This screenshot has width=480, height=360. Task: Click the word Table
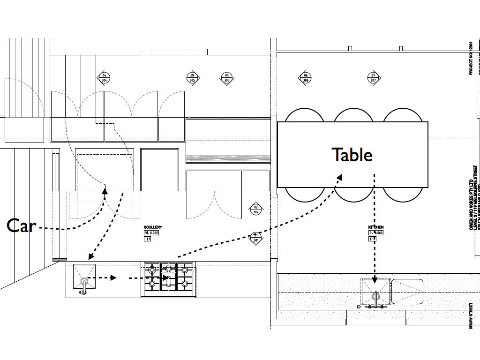tap(352, 155)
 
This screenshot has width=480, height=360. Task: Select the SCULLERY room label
tap(153, 227)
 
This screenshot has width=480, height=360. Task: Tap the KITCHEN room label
tap(376, 227)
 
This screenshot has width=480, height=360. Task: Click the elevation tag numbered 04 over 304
tap(104, 78)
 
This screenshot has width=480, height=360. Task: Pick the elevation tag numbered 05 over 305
tap(192, 78)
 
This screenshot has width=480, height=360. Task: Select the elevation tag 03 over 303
tap(227, 78)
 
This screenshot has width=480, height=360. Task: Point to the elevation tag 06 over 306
tap(306, 78)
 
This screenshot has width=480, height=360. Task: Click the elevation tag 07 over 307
tap(373, 78)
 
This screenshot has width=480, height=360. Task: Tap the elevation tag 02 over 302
tap(256, 210)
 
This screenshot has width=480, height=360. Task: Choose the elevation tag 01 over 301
tap(255, 238)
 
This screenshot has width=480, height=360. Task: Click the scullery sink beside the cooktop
tap(84, 277)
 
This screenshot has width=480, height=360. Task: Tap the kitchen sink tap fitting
tap(375, 297)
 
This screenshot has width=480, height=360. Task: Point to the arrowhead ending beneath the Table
tap(338, 177)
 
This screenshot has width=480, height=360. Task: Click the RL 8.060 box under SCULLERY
tap(152, 233)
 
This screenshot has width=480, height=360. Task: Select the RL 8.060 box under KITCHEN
tap(376, 233)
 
